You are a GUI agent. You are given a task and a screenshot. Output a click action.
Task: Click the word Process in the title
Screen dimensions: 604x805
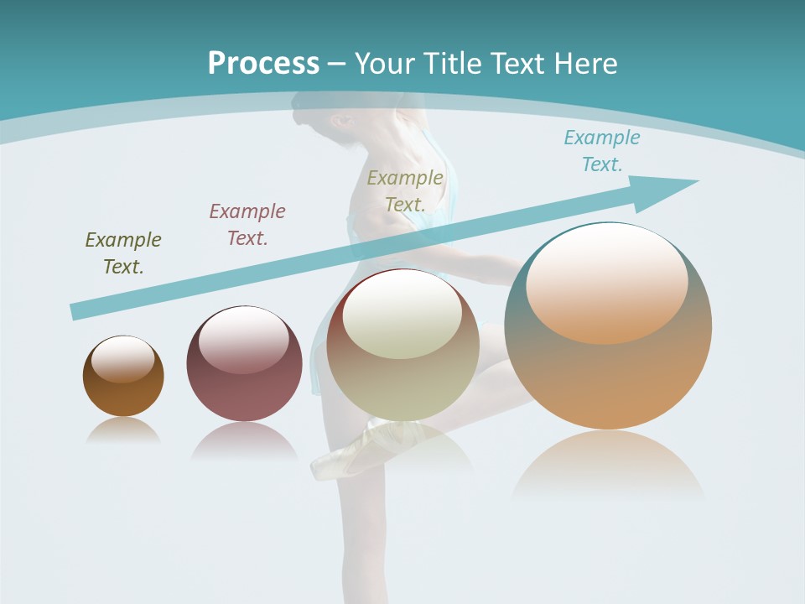263,64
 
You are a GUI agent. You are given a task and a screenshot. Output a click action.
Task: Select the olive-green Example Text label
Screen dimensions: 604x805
123,253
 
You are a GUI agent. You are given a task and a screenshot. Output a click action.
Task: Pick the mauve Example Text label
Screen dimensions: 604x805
247,224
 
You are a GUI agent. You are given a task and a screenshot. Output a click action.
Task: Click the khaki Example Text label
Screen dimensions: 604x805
405,190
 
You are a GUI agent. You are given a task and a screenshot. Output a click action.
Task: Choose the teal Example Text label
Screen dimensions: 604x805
601,151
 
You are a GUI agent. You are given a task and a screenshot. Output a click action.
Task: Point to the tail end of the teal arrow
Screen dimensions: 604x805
77,311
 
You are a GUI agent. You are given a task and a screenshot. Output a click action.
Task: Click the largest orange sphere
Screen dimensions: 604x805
608,377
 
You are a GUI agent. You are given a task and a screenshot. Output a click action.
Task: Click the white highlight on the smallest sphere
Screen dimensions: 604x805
123,360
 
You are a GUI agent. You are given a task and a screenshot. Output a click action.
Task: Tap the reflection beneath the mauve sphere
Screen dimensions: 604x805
244,440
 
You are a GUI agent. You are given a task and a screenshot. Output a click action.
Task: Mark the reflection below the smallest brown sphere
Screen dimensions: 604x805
123,430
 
